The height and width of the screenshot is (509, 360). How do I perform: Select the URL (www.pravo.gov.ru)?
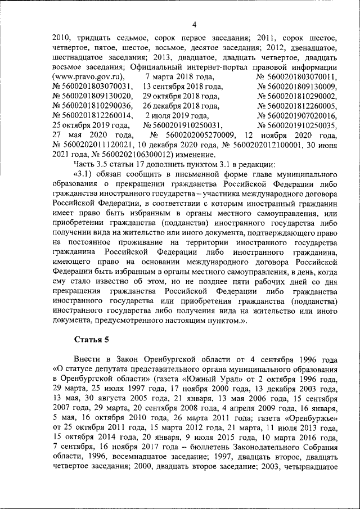coord(88,76)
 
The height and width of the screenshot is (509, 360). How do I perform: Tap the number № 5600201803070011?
coord(296,76)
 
